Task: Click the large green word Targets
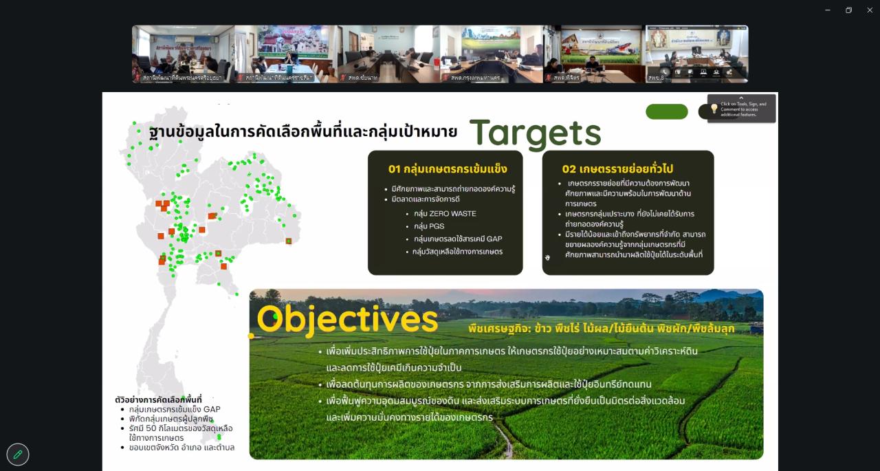(x=535, y=133)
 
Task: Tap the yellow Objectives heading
(x=347, y=320)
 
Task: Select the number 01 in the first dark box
(x=394, y=169)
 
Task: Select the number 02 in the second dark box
(x=569, y=169)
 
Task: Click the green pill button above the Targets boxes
(x=666, y=111)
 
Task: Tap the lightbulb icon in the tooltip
(x=714, y=109)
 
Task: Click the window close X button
(x=869, y=10)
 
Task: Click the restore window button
(x=848, y=10)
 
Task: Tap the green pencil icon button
(x=18, y=454)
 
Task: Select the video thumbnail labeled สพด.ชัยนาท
(x=388, y=54)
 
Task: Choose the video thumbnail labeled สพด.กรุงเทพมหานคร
(x=491, y=54)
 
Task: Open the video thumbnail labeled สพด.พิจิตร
(x=593, y=54)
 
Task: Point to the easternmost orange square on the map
(x=289, y=241)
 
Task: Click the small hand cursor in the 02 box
(x=548, y=258)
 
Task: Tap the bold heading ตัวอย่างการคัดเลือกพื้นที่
(x=158, y=399)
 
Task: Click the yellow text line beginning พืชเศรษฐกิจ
(x=601, y=329)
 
